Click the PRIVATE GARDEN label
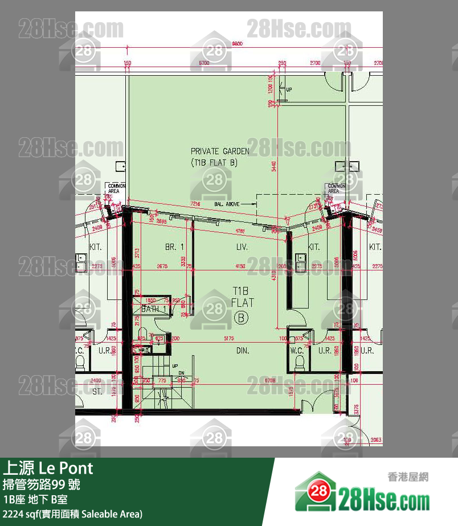[x=219, y=157]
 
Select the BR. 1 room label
[x=174, y=247]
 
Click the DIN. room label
[x=243, y=351]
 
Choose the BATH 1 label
[x=153, y=309]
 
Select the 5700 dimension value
[x=203, y=63]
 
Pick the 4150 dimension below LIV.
[x=240, y=266]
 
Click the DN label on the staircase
[x=182, y=373]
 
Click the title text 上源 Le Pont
[x=48, y=469]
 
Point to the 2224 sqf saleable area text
[x=72, y=515]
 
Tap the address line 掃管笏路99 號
[x=42, y=485]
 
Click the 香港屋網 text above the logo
[x=407, y=477]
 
